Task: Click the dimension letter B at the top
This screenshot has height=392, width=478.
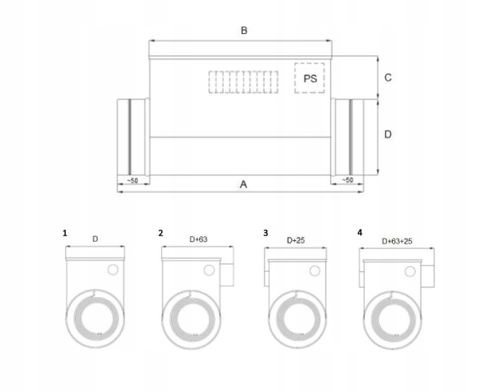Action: point(244,31)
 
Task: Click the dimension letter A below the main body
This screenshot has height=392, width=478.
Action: point(243,184)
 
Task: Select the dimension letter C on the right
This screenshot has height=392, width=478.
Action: point(388,78)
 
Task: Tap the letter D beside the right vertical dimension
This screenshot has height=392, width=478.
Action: point(388,134)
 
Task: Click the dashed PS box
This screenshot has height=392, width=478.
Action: point(310,78)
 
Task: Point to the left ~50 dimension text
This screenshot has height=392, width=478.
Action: point(133,180)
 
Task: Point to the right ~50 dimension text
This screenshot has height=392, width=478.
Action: point(347,180)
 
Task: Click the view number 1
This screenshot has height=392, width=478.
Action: point(65,233)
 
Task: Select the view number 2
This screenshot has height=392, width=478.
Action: point(161,233)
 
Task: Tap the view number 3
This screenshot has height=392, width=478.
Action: point(266,233)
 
